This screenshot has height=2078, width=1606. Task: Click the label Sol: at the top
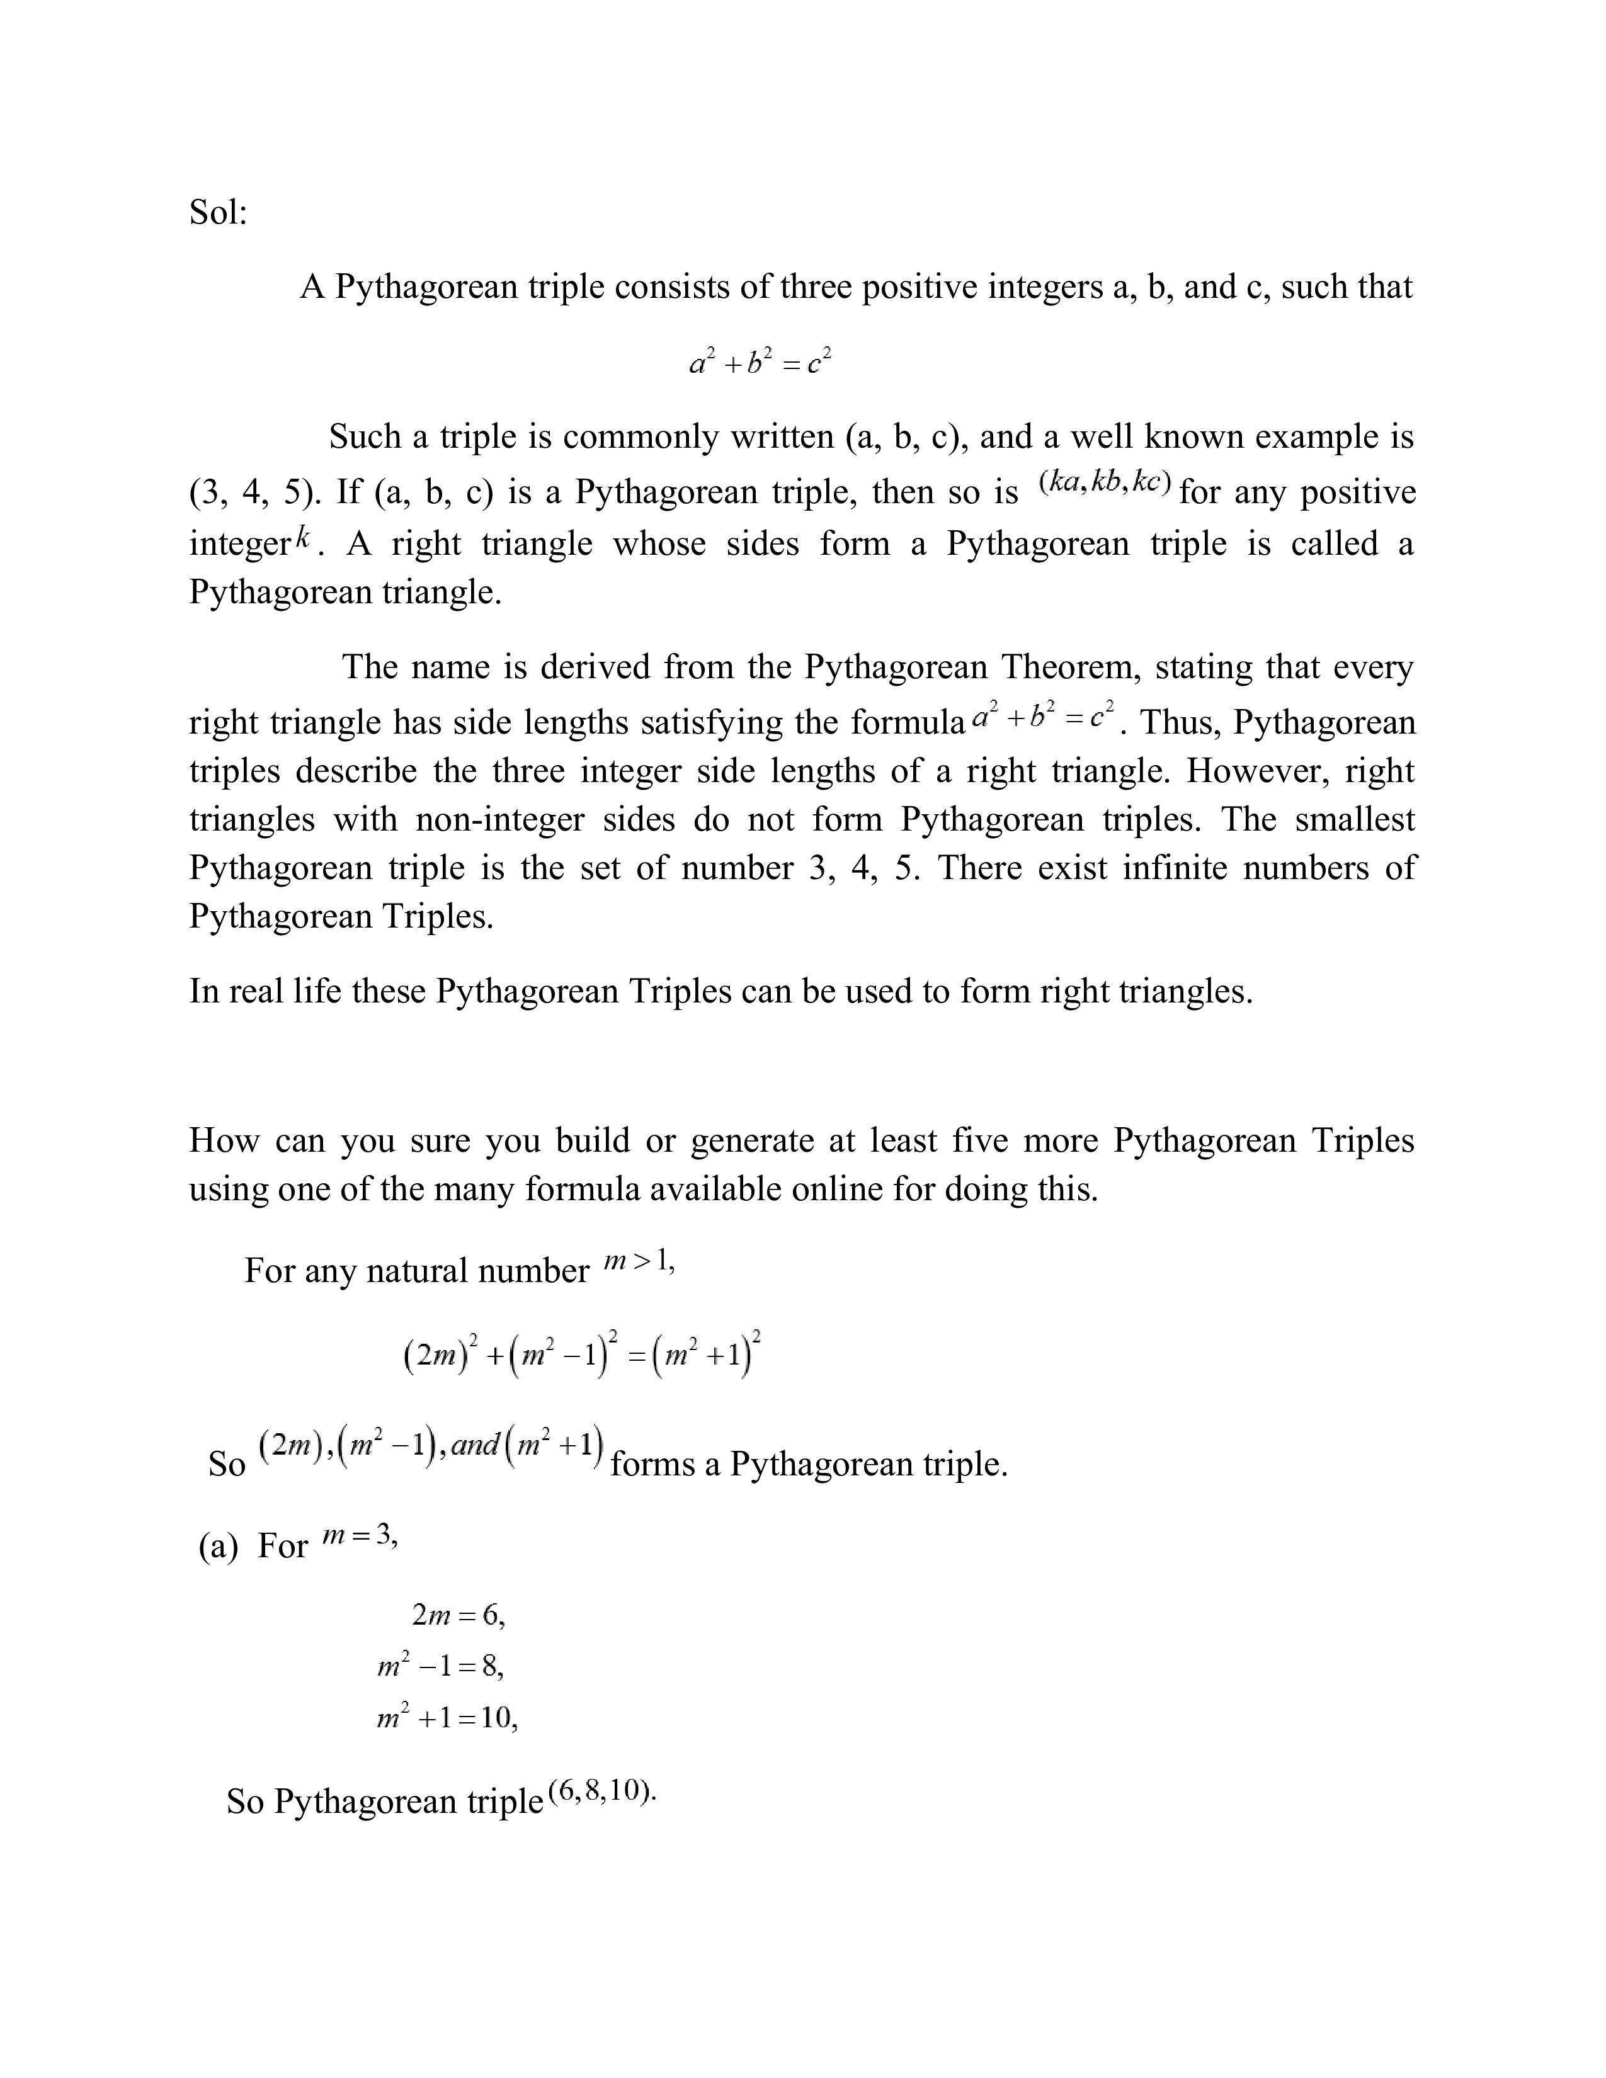(x=218, y=212)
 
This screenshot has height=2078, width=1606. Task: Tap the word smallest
(x=1354, y=819)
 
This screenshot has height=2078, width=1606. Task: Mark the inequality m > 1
(x=639, y=1263)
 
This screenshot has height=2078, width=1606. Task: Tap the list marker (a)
(x=218, y=1546)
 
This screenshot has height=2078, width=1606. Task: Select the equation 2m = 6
(x=458, y=1616)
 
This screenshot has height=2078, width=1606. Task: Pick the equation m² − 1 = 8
(x=440, y=1666)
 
